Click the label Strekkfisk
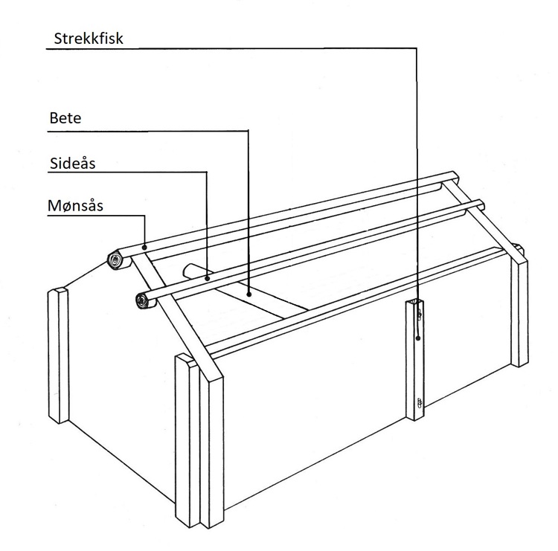pyautogui.click(x=89, y=39)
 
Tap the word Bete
pyautogui.click(x=65, y=117)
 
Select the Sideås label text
pyautogui.click(x=73, y=164)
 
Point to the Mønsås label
pyautogui.click(x=75, y=205)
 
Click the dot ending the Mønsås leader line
pyautogui.click(x=144, y=247)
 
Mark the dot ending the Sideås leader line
pyautogui.click(x=207, y=279)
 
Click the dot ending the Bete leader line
pyautogui.click(x=249, y=294)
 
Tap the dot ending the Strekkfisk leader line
pyautogui.click(x=418, y=338)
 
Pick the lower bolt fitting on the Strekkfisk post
pyautogui.click(x=420, y=402)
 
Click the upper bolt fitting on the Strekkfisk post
pyautogui.click(x=420, y=315)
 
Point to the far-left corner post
pyautogui.click(x=58, y=355)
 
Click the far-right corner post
pyautogui.click(x=519, y=312)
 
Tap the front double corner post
pyautogui.click(x=199, y=440)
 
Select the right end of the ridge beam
pyautogui.click(x=455, y=176)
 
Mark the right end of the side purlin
pyautogui.click(x=480, y=205)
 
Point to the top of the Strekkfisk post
pyautogui.click(x=415, y=302)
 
